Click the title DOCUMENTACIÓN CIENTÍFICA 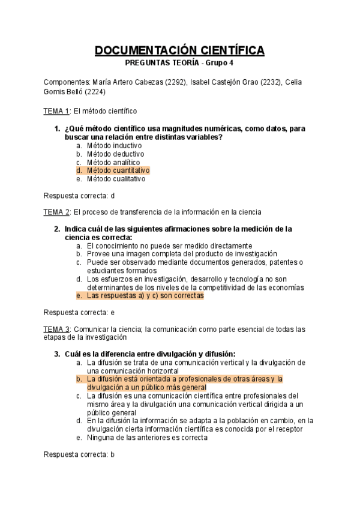click(179, 50)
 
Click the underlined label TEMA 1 click(56, 111)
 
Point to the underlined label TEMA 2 click(56, 212)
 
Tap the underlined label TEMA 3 click(56, 329)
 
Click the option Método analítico click(113, 162)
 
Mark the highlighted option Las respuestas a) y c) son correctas click(145, 296)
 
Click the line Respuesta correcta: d click(79, 195)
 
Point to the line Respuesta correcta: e click(79, 313)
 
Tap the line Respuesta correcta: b click(79, 454)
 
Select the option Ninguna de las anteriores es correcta click(147, 438)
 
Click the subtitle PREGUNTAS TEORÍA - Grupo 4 click(179, 63)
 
